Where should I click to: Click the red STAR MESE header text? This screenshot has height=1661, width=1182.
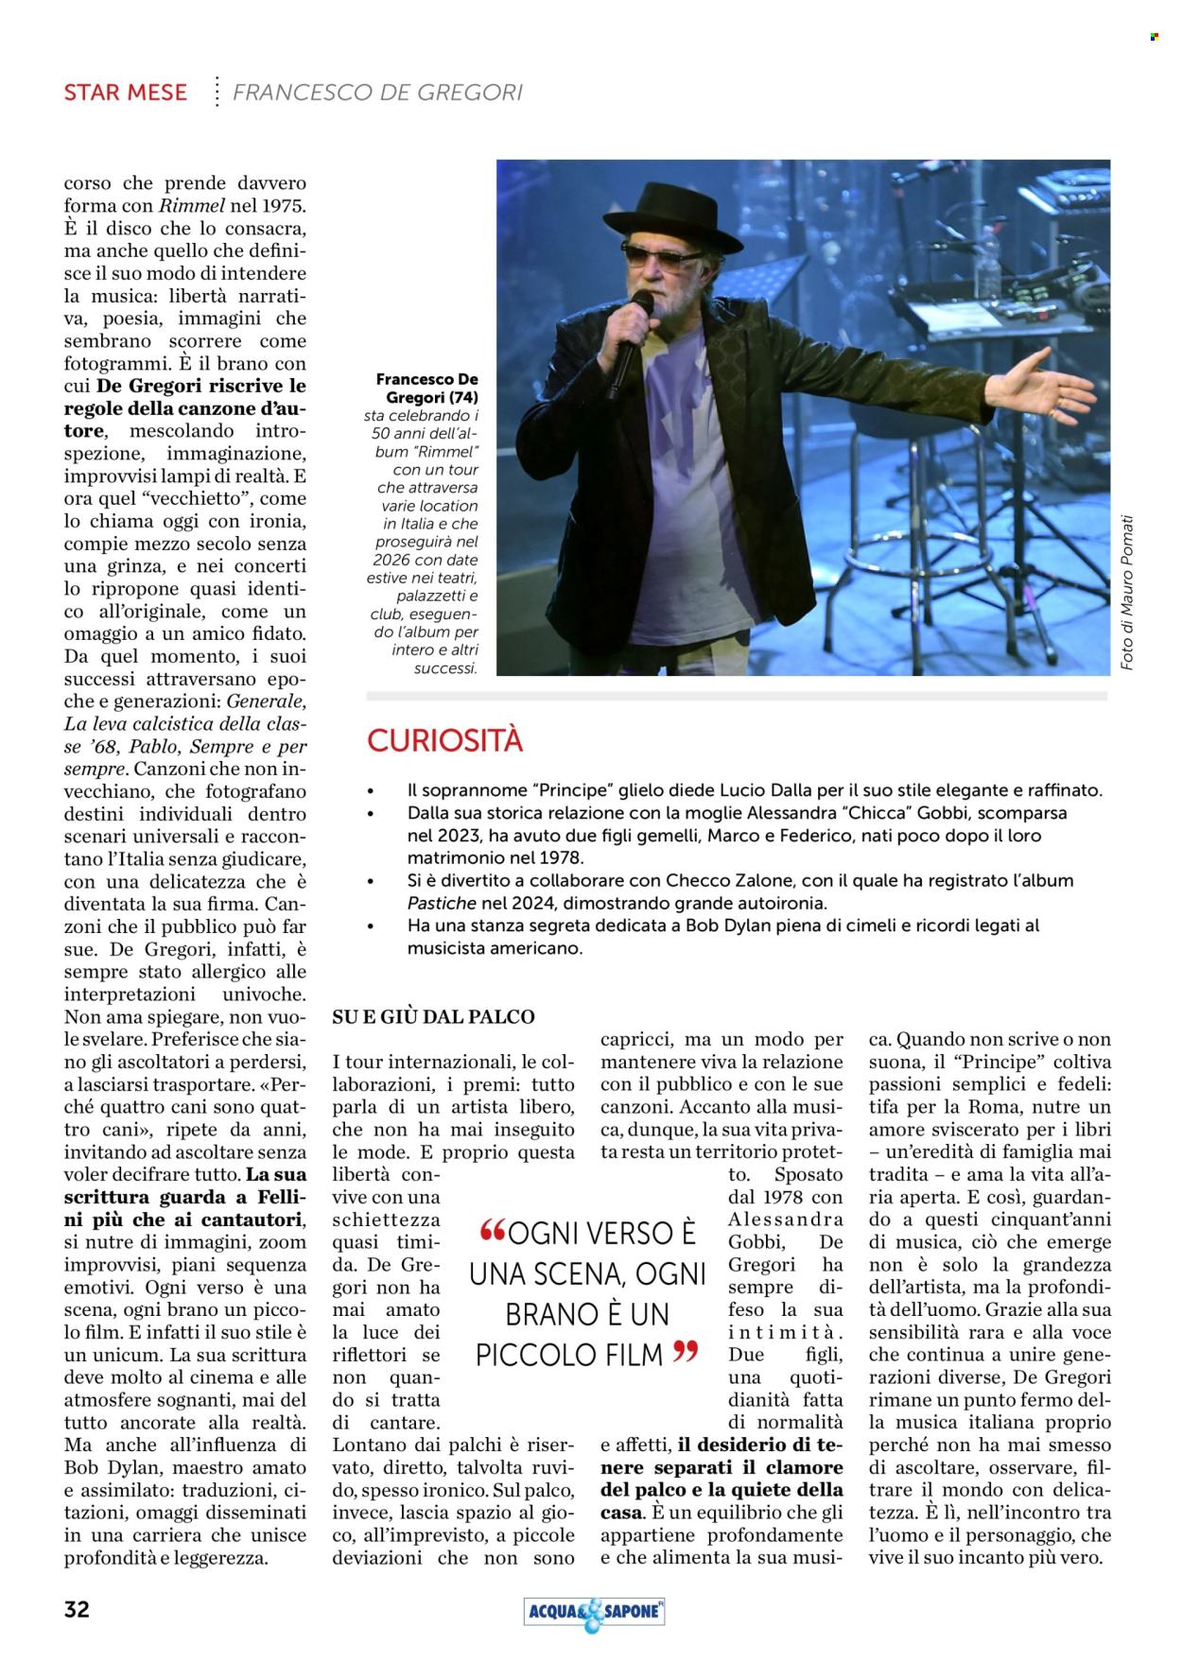pos(125,93)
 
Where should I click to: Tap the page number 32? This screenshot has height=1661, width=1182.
pos(77,1610)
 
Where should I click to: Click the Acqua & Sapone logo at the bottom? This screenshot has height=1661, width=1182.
pos(594,1612)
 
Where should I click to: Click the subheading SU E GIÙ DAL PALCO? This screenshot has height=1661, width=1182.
pos(433,1017)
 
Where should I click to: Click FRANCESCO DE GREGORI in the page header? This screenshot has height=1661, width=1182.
pos(377,93)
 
